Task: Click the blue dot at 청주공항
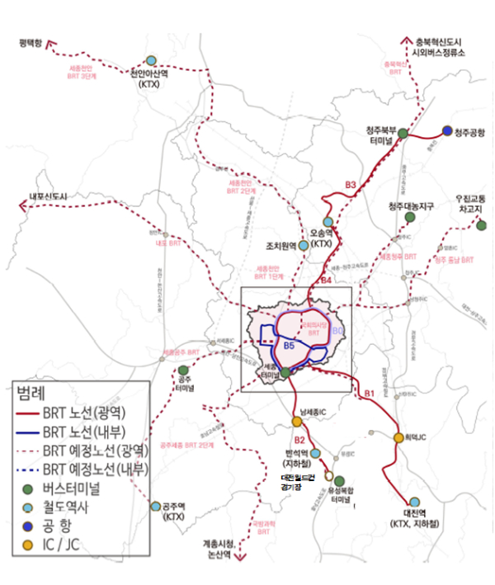[447, 130]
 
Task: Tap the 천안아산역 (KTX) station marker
[151, 60]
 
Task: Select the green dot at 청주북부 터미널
[403, 133]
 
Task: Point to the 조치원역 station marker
[304, 246]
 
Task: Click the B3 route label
[350, 185]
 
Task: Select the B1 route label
[369, 394]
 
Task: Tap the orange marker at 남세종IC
[297, 422]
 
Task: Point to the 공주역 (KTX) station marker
[155, 506]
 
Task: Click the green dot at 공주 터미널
[184, 370]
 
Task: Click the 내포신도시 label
[46, 196]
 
